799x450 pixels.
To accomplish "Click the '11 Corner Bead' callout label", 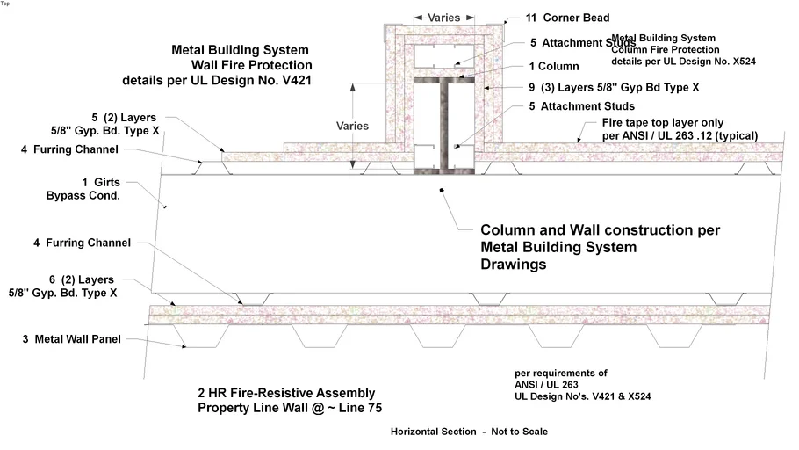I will [567, 18].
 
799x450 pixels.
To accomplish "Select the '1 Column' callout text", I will [554, 66].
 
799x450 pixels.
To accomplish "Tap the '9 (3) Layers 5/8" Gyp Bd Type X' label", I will [601, 88].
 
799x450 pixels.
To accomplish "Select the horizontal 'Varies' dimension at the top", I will [445, 17].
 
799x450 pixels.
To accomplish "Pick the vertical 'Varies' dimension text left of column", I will [353, 125].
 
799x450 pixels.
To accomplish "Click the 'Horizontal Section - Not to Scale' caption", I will [469, 432].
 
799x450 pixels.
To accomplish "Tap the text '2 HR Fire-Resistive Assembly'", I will [286, 392].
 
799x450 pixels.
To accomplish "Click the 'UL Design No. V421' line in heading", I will [217, 80].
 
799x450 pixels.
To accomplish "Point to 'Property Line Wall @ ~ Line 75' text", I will [290, 408].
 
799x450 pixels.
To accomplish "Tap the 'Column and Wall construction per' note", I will [600, 230].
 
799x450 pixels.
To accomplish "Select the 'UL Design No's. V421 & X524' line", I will [582, 396].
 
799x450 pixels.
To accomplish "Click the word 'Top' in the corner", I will [6, 4].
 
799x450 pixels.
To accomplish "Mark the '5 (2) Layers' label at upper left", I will [122, 116].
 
